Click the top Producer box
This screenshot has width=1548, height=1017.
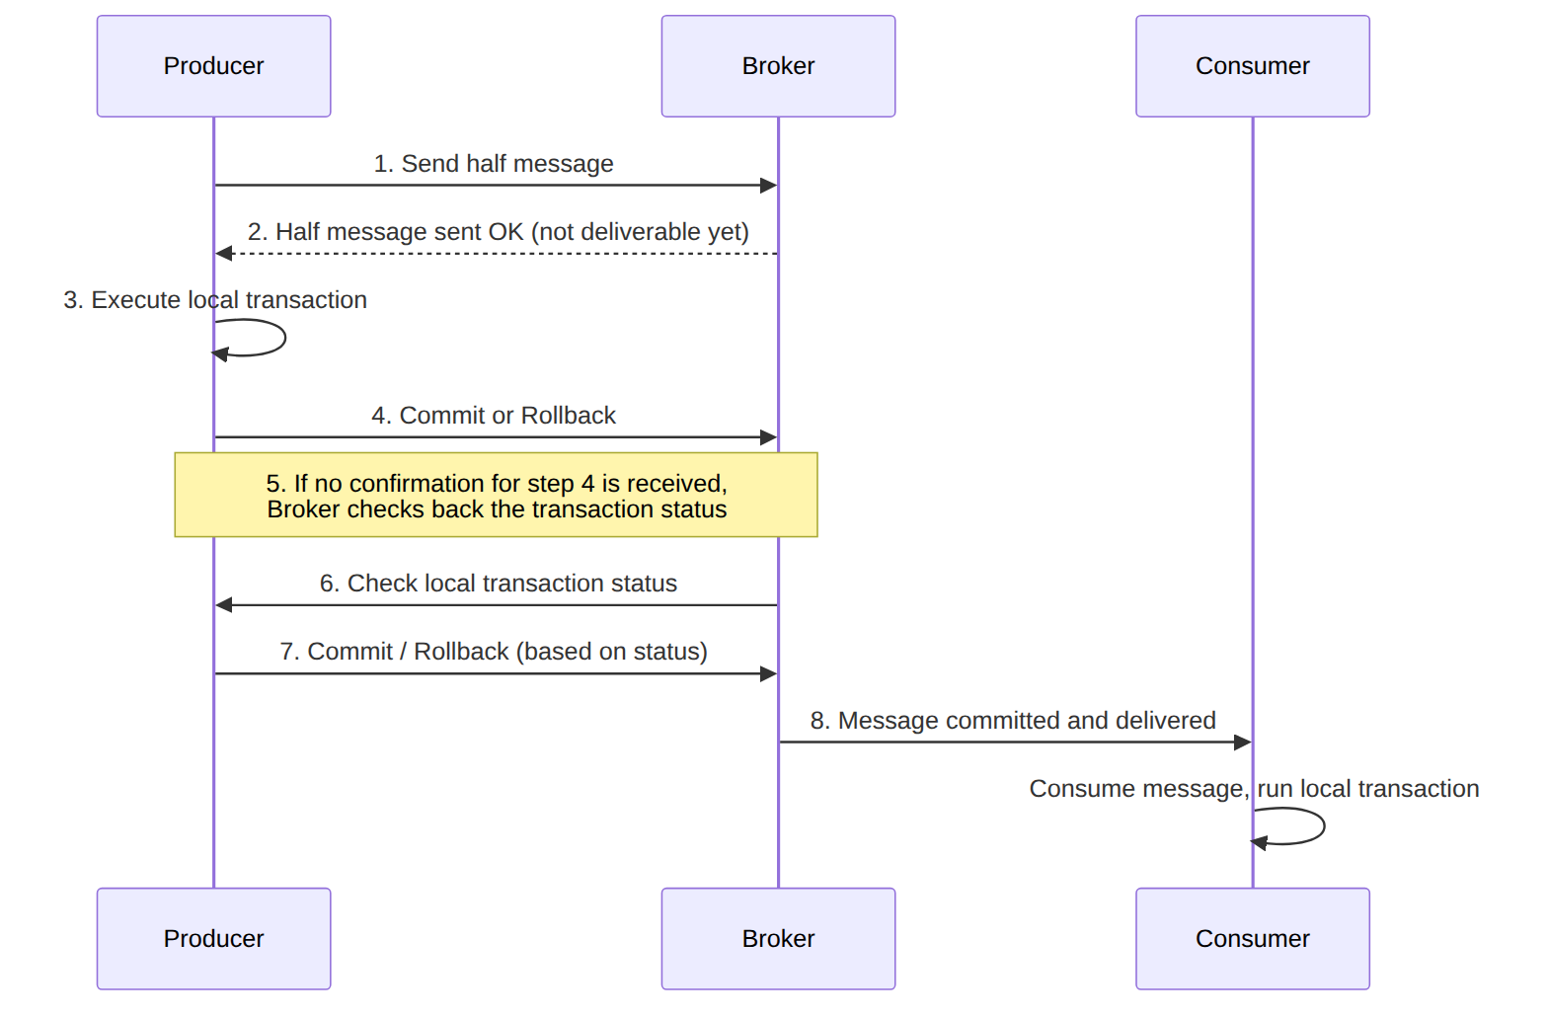pyautogui.click(x=213, y=66)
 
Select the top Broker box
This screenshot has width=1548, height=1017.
pyautogui.click(x=778, y=66)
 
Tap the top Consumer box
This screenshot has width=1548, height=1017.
pyautogui.click(x=1252, y=66)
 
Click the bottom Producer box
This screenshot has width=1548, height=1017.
pyautogui.click(x=213, y=939)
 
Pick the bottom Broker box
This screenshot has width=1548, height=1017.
pyautogui.click(x=778, y=939)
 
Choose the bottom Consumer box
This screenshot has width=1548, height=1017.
pyautogui.click(x=1252, y=939)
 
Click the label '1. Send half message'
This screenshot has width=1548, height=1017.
pyautogui.click(x=494, y=164)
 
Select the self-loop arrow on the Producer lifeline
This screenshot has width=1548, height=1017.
pyautogui.click(x=284, y=338)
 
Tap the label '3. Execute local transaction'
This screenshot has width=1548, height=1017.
pyautogui.click(x=215, y=300)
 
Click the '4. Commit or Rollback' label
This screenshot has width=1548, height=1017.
pyautogui.click(x=494, y=416)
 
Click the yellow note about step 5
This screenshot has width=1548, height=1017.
pyautogui.click(x=497, y=495)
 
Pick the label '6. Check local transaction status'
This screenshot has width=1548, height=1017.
pyautogui.click(x=499, y=584)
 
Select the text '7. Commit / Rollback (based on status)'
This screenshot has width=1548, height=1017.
pyautogui.click(x=494, y=652)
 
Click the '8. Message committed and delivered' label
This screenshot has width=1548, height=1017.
pyautogui.click(x=1013, y=721)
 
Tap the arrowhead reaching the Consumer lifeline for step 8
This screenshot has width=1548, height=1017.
pyautogui.click(x=1243, y=743)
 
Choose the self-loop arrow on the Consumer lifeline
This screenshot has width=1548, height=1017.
pyautogui.click(x=1324, y=826)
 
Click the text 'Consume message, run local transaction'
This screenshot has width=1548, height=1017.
pyautogui.click(x=1254, y=789)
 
